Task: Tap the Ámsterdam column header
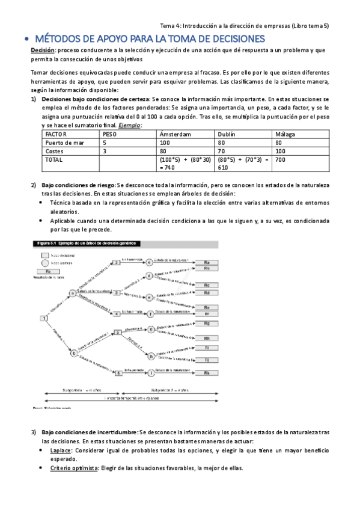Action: (x=175, y=134)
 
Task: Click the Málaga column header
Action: (x=285, y=134)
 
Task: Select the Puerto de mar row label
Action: (x=65, y=143)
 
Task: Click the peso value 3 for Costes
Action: (x=105, y=152)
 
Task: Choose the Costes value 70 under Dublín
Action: (x=221, y=152)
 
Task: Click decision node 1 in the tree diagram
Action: (x=44, y=318)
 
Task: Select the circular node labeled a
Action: (x=73, y=293)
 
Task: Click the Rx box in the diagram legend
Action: (x=46, y=271)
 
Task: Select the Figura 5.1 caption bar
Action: (x=87, y=244)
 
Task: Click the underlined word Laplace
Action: (x=61, y=450)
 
